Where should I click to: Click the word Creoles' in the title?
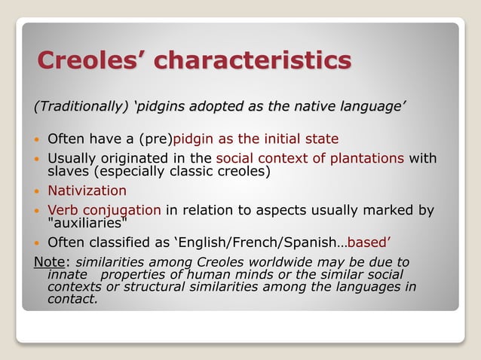(89, 60)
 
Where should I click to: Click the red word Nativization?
(87, 191)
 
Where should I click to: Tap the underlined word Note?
(50, 262)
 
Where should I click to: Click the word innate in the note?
(67, 275)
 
